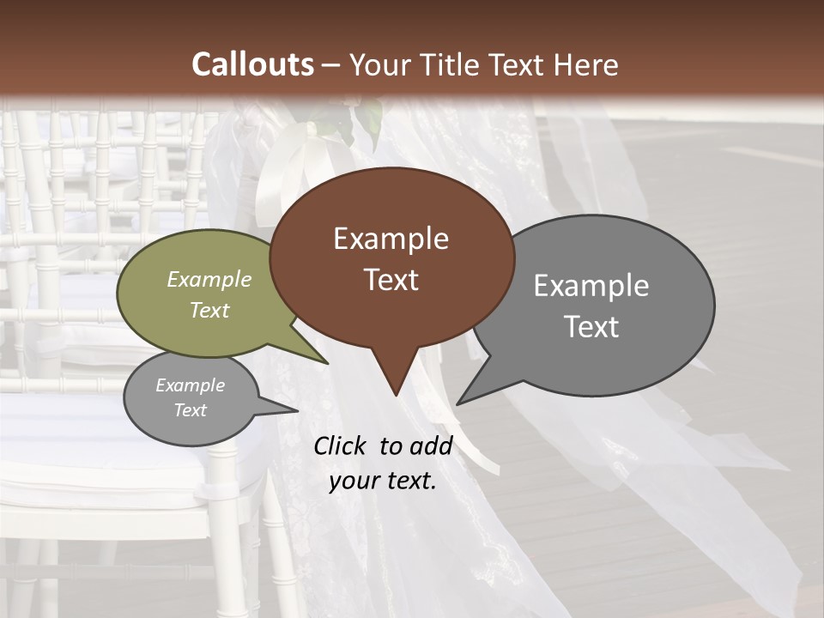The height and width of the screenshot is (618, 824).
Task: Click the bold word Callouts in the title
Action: [x=252, y=64]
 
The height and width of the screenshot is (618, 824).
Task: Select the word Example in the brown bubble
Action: [x=391, y=239]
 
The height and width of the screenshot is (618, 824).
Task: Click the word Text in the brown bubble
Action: [x=391, y=280]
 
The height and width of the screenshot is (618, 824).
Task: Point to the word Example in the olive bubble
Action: [x=209, y=279]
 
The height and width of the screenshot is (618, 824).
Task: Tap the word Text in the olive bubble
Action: [x=209, y=310]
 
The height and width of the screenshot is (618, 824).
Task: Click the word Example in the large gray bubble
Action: [x=591, y=286]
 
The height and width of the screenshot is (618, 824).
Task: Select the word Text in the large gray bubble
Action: [x=591, y=327]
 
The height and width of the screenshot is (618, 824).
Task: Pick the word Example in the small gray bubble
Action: [x=190, y=385]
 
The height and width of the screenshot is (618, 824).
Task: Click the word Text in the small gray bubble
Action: [x=190, y=410]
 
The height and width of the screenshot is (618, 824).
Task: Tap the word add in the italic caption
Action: [x=430, y=445]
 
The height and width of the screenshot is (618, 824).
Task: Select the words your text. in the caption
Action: [x=383, y=481]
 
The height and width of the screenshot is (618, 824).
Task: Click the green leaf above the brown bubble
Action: [x=370, y=120]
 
